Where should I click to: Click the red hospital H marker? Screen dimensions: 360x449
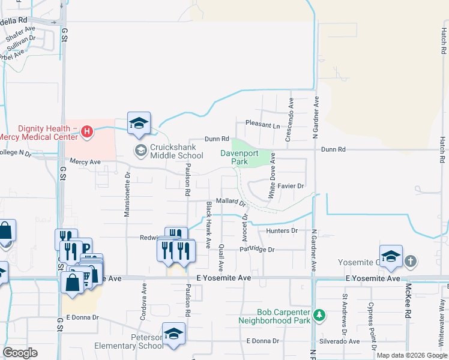click(87, 131)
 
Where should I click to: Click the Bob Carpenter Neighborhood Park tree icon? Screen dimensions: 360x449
click(320, 314)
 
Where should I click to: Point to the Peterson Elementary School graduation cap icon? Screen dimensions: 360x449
click(173, 334)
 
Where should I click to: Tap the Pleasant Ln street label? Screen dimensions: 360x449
click(263, 126)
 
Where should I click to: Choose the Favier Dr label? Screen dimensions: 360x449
click(291, 186)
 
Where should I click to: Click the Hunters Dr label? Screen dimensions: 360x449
click(286, 230)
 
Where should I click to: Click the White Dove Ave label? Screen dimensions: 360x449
click(272, 175)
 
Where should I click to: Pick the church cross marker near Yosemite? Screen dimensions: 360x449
click(410, 261)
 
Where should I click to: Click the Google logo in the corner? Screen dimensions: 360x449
click(20, 353)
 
